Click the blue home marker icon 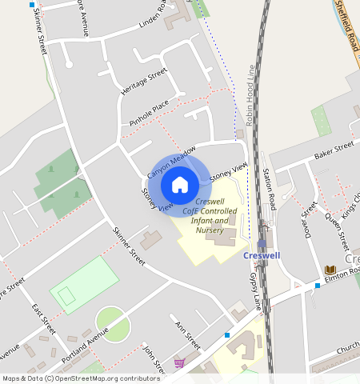(180, 185)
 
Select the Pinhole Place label (149, 114)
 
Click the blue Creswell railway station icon (262, 242)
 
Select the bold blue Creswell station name (262, 256)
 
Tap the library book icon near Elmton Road (330, 270)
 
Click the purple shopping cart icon (178, 363)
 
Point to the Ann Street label (188, 335)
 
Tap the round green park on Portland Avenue (113, 324)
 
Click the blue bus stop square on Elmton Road (317, 286)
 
